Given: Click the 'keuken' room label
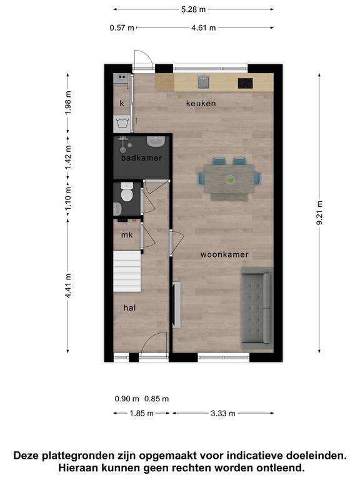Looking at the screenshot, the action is [201, 104].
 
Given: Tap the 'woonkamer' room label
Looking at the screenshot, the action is [224, 254].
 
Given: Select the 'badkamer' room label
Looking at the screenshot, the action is [141, 158].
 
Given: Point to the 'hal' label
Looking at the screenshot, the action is [129, 307].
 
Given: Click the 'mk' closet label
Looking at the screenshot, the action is [127, 235].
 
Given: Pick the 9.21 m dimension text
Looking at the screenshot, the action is [319, 212].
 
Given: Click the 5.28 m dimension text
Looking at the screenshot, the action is [193, 9].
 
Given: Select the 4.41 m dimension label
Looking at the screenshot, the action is [68, 286].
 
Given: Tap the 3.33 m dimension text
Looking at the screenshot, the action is [223, 414].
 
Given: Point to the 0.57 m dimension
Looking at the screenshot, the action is [122, 28].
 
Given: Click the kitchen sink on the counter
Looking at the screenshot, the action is [203, 82].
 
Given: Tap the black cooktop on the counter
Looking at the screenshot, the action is [246, 83].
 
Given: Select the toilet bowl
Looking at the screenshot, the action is [126, 192].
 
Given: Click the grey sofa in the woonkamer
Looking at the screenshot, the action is [256, 308].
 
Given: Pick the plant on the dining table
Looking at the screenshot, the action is [229, 179].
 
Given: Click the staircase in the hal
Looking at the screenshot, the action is [127, 271].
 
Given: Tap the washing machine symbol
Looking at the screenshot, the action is [122, 124].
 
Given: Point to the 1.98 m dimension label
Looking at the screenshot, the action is [68, 102].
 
